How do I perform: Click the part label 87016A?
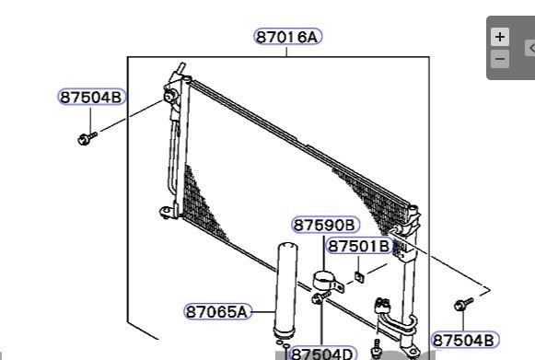pyautogui.click(x=288, y=37)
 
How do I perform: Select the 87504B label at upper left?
pyautogui.click(x=91, y=97)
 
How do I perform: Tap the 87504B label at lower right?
pyautogui.click(x=465, y=340)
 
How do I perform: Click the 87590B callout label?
pyautogui.click(x=325, y=226)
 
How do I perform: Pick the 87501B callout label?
pyautogui.click(x=359, y=246)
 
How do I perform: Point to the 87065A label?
pyautogui.click(x=217, y=311)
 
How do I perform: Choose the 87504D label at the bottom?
pyautogui.click(x=323, y=354)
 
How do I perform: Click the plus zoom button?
pyautogui.click(x=500, y=37)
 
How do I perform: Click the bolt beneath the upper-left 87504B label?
pyautogui.click(x=87, y=138)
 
